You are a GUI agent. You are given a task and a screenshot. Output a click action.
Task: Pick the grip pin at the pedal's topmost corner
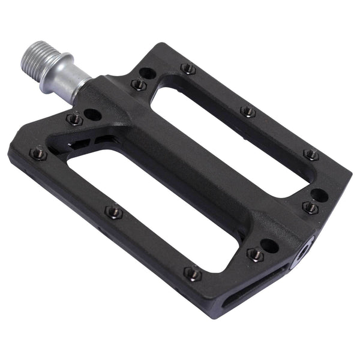[x=188, y=69]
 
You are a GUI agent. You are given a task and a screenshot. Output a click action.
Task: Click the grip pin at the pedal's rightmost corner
[x=311, y=155]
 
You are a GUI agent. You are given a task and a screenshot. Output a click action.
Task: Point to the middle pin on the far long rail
[x=248, y=112]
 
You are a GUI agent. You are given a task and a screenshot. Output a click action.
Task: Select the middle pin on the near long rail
[x=114, y=212]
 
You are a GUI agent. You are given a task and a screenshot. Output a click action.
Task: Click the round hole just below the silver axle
[x=93, y=113]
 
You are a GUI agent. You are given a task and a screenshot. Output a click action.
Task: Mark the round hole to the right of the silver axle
[x=147, y=73]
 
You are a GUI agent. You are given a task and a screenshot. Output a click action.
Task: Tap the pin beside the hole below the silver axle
[x=74, y=119]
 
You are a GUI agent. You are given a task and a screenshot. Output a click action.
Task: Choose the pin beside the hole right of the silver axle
[x=139, y=85]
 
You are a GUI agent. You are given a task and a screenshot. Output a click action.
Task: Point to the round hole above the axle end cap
[x=319, y=196]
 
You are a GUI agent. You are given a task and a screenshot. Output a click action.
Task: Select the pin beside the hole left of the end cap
[x=256, y=254]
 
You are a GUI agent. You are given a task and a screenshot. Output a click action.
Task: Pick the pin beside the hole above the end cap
[x=310, y=208]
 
